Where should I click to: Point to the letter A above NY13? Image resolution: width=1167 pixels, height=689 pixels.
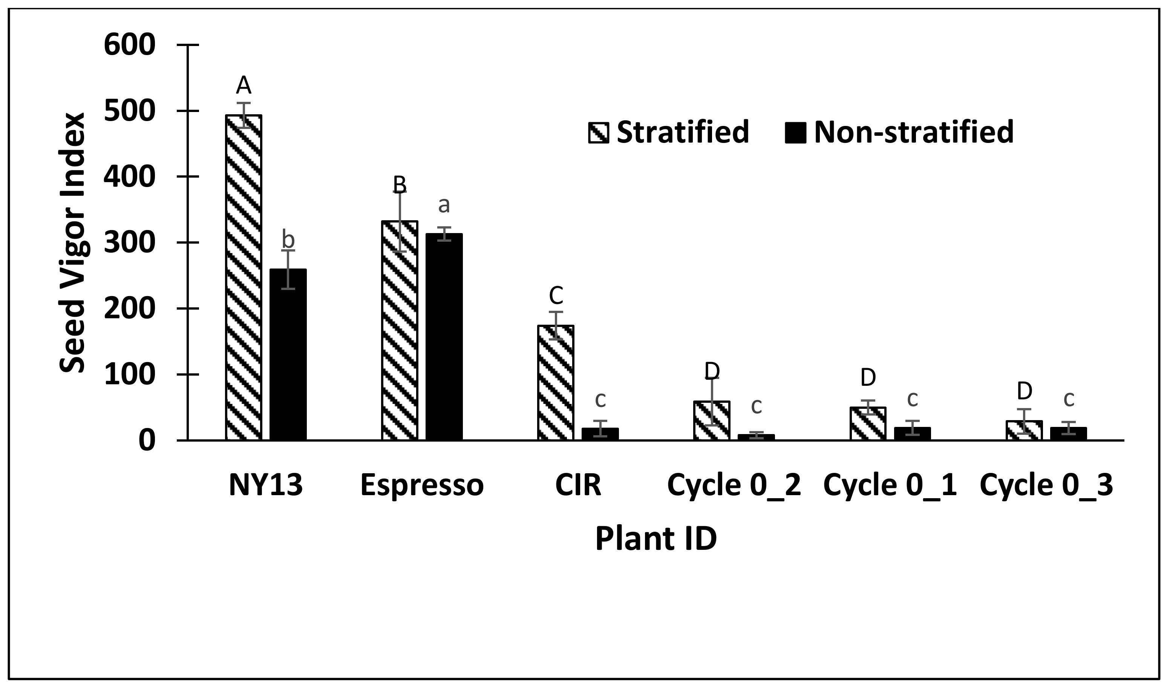tap(244, 86)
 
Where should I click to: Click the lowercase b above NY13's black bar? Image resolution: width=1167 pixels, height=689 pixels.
tap(288, 239)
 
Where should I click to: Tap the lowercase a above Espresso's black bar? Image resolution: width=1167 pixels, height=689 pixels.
tap(444, 204)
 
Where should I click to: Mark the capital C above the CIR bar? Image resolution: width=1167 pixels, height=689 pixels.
tap(556, 295)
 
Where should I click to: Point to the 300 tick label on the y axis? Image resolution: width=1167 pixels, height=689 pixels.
tap(129, 242)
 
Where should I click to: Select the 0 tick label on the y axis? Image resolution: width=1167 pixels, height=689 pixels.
tap(147, 440)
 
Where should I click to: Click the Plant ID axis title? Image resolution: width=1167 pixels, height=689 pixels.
tap(655, 539)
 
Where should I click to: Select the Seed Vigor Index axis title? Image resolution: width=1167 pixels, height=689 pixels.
tap(73, 242)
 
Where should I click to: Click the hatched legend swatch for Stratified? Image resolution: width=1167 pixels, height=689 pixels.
tap(599, 132)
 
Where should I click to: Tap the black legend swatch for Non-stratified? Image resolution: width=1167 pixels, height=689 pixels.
tap(795, 132)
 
